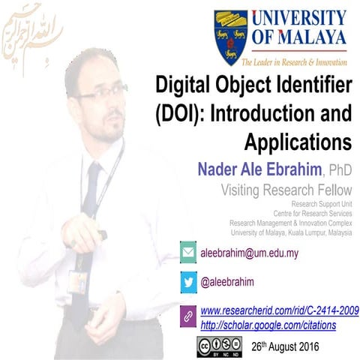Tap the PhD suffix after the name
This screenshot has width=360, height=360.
pos(338,172)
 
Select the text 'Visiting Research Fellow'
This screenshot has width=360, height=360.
pos(286,190)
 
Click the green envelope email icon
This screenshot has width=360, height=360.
pos(188,252)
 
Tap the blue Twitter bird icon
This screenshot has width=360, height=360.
pos(188,282)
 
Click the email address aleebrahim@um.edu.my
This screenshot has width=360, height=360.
pos(249,253)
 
